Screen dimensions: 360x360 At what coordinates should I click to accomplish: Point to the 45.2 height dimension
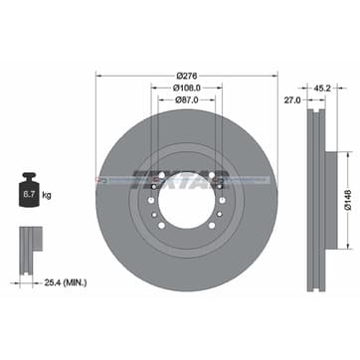[321, 87]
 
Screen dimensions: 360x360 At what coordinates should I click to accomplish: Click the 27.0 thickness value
[292, 100]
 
